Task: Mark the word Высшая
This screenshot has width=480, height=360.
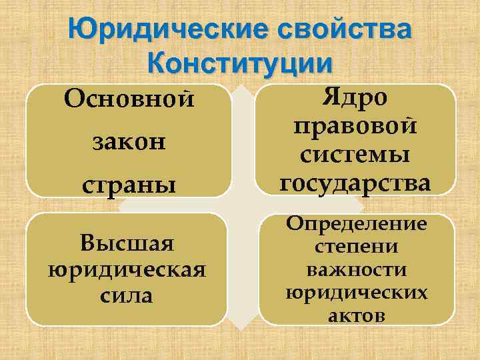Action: coord(127,243)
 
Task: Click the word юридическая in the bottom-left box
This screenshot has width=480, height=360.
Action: coord(127,269)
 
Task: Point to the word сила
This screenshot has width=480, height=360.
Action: coord(127,295)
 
